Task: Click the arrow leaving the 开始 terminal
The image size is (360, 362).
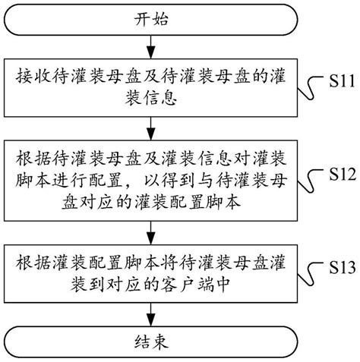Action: coord(149,49)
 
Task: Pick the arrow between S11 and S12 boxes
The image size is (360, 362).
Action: coord(149,126)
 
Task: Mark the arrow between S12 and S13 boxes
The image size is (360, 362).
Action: coord(149,230)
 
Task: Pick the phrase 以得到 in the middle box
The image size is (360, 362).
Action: coord(182,182)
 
